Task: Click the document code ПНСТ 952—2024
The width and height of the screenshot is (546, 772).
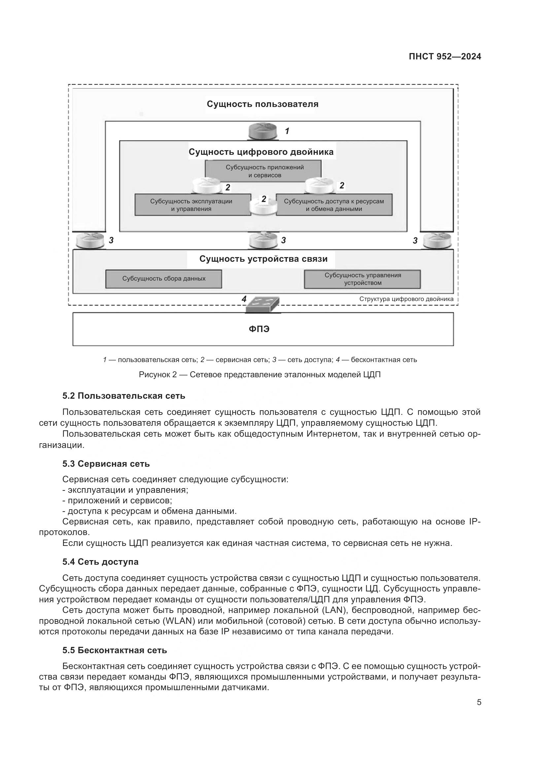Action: point(445,56)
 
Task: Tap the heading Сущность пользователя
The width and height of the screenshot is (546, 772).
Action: point(262,104)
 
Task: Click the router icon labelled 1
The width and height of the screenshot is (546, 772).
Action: point(263,131)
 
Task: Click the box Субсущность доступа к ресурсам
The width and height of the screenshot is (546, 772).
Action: point(334,205)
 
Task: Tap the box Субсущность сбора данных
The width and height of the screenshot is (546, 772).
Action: point(164,279)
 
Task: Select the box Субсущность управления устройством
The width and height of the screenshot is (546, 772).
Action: point(362,279)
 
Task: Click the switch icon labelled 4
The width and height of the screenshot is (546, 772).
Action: point(262,304)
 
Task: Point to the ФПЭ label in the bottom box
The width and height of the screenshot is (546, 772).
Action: point(259,329)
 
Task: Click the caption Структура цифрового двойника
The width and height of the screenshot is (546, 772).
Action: point(406,299)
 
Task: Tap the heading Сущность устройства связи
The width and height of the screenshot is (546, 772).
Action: point(263,258)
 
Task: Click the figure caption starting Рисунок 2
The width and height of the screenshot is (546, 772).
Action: point(259,375)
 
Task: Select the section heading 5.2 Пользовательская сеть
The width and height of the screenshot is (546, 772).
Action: point(124,396)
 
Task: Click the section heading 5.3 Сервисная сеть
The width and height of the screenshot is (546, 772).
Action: point(106,464)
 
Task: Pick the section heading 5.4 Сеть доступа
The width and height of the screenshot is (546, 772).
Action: point(100,562)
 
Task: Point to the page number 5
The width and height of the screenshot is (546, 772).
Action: point(479,702)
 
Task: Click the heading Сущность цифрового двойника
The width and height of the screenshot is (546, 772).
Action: point(261,152)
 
